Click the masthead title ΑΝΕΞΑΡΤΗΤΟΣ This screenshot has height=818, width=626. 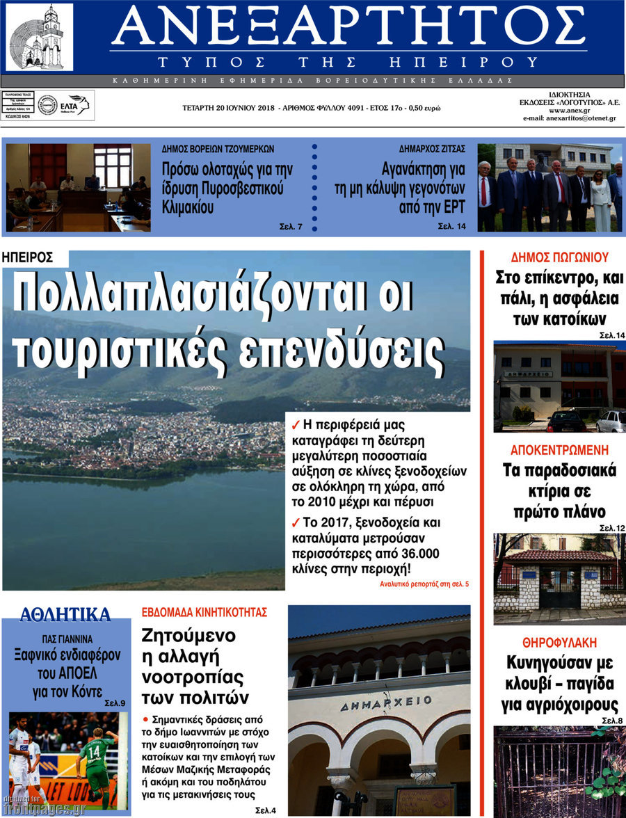[348, 26]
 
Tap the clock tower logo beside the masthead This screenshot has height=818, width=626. [39, 36]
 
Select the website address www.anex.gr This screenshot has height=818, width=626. [570, 111]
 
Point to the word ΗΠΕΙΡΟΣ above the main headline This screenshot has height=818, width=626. [28, 257]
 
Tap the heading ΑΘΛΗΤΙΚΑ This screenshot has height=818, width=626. [65, 614]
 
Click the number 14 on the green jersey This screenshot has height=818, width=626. [92, 751]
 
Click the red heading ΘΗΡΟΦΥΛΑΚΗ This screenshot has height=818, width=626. [559, 642]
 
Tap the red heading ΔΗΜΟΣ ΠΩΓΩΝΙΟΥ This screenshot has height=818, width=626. [559, 256]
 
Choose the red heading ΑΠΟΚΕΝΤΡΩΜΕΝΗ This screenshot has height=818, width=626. [559, 449]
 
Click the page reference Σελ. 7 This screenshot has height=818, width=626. [291, 227]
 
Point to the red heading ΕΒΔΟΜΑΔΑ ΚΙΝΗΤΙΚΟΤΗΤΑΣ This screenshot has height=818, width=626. [204, 613]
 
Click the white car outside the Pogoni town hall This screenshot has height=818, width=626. [611, 421]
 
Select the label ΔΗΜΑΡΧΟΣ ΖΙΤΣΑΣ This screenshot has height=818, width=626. [432, 149]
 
